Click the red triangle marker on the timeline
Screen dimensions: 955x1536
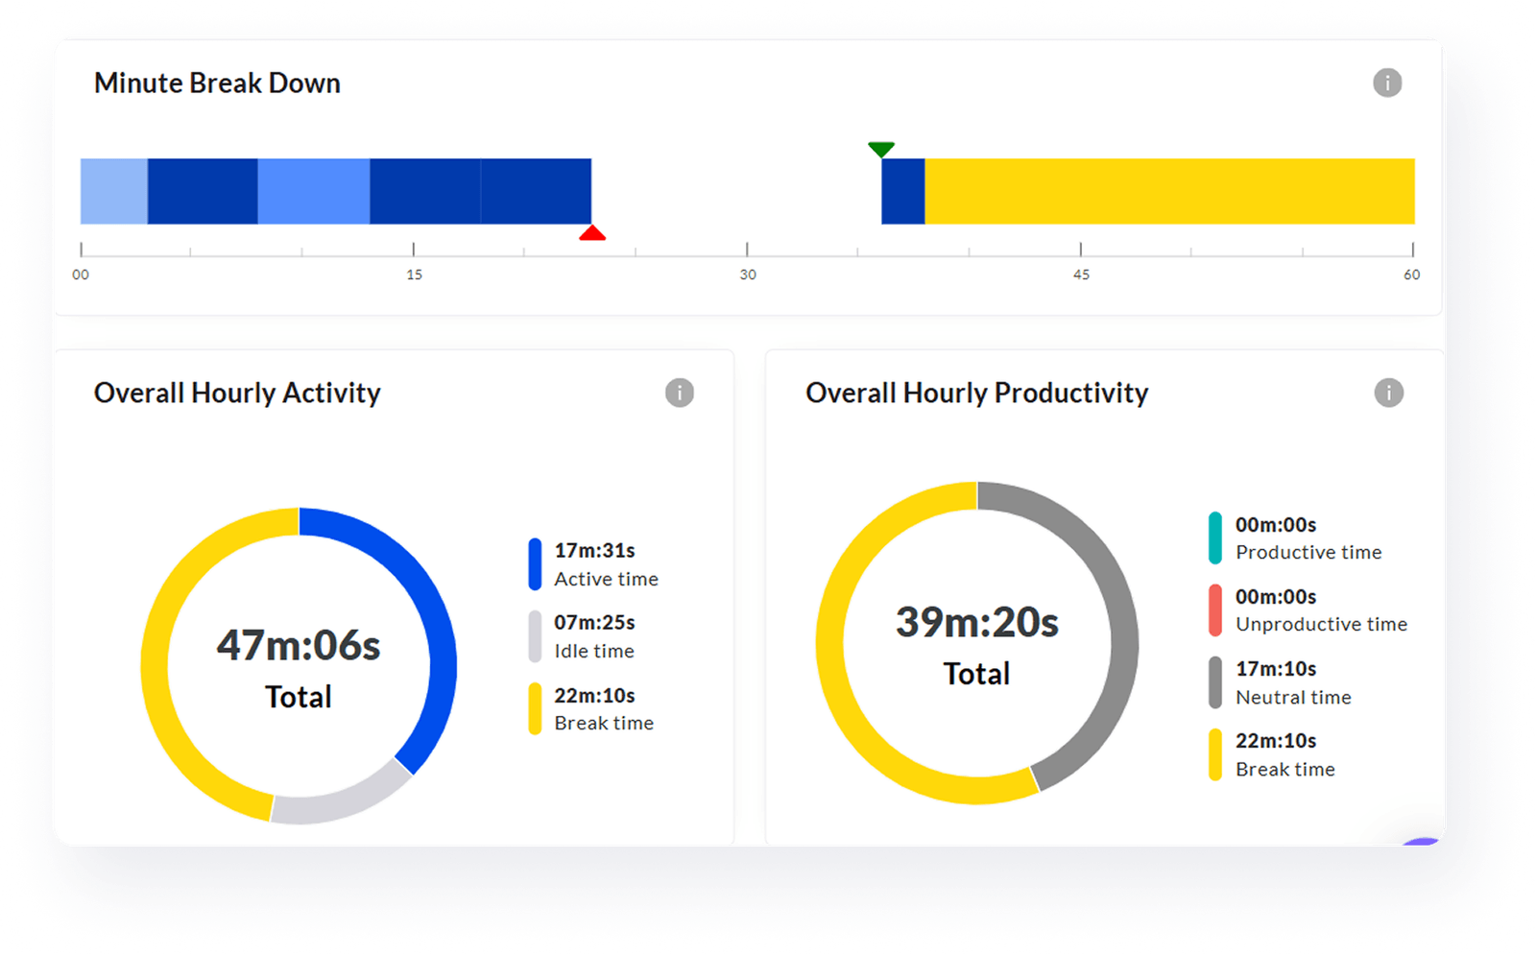[x=592, y=233]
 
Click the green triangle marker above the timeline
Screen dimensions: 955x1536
[x=881, y=149]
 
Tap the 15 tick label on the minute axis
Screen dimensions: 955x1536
[x=414, y=275]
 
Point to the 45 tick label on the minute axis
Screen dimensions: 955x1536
[x=1081, y=275]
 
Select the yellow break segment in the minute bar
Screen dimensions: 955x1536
[x=1169, y=191]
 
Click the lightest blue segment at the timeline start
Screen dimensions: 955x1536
[x=114, y=191]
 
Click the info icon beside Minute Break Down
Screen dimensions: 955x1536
[x=1387, y=83]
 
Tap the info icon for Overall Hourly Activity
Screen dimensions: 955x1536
[x=680, y=393]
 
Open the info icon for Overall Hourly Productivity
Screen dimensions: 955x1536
[x=1388, y=393]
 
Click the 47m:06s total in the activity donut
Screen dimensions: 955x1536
[x=299, y=646]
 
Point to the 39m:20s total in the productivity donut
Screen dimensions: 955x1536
[x=977, y=623]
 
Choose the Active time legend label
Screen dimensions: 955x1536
[x=606, y=579]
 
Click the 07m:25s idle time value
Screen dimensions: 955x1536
[x=594, y=622]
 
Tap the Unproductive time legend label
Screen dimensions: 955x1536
[x=1321, y=624]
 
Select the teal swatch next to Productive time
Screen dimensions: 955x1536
[x=1215, y=537]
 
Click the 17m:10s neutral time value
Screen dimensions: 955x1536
[x=1276, y=668]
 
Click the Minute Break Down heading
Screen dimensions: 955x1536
[x=217, y=84]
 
